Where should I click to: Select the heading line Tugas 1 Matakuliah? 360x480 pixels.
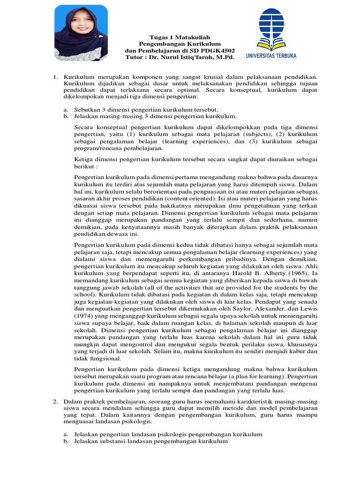point(180,37)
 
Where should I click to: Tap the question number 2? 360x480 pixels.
point(54,401)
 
